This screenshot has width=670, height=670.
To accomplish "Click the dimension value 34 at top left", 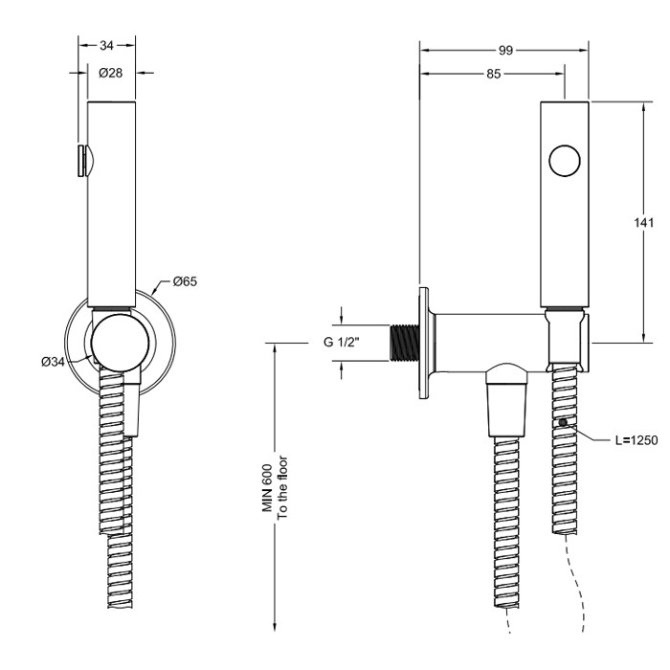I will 106,45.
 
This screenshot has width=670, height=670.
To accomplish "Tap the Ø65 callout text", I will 185,281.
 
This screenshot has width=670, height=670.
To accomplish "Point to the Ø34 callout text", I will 53,361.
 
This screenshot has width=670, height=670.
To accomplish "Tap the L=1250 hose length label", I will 636,441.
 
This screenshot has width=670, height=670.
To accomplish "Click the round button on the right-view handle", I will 566,160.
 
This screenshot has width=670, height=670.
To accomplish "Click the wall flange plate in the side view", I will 422,342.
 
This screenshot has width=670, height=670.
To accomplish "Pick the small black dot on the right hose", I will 564,422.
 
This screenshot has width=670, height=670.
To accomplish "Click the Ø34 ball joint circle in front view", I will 120,342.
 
